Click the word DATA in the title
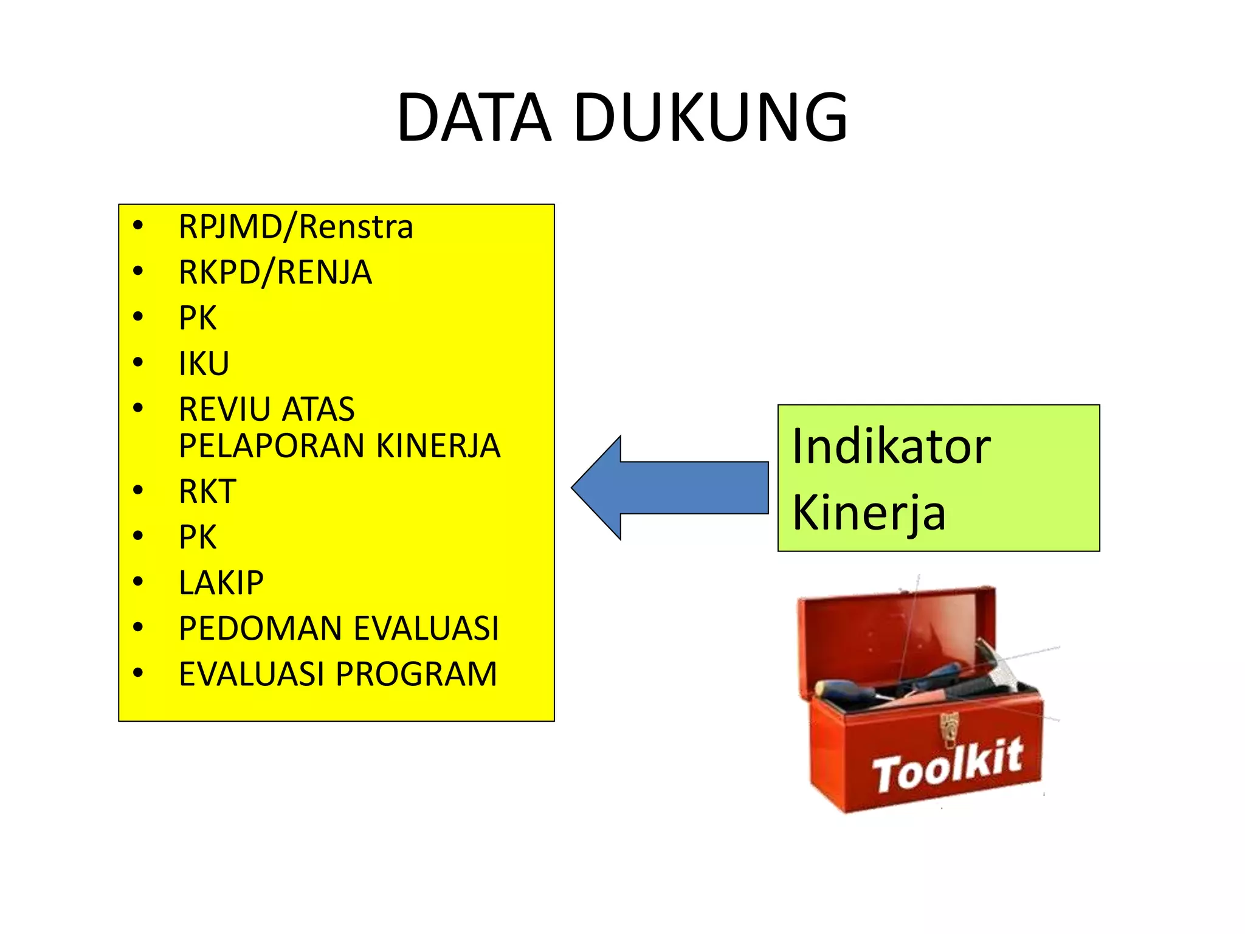474,117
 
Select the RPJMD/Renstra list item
295,227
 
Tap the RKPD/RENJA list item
275,272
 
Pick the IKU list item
204,364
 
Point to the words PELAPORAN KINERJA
339,446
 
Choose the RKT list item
207,491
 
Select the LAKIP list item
221,583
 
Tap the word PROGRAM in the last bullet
416,674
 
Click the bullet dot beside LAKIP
138,581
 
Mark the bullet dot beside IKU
138,362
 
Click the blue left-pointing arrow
669,488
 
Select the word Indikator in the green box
891,447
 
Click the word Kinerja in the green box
869,513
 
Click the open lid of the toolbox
894,632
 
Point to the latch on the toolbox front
949,730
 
